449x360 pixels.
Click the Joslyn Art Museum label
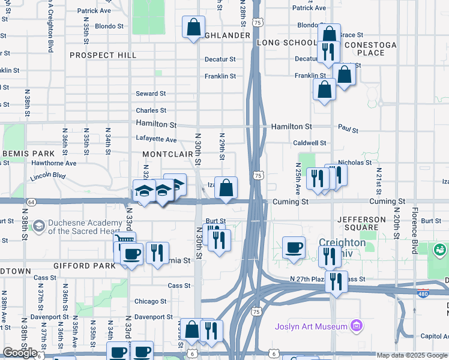312,326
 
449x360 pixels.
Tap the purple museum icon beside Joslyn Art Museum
357,326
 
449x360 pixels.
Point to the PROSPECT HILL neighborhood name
103,55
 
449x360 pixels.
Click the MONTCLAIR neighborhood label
167,154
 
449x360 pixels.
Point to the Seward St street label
151,94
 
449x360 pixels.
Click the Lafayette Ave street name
155,140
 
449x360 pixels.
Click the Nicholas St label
355,162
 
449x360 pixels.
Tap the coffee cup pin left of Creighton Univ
294,248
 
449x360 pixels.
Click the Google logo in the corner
20,352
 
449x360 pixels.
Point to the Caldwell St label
309,143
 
